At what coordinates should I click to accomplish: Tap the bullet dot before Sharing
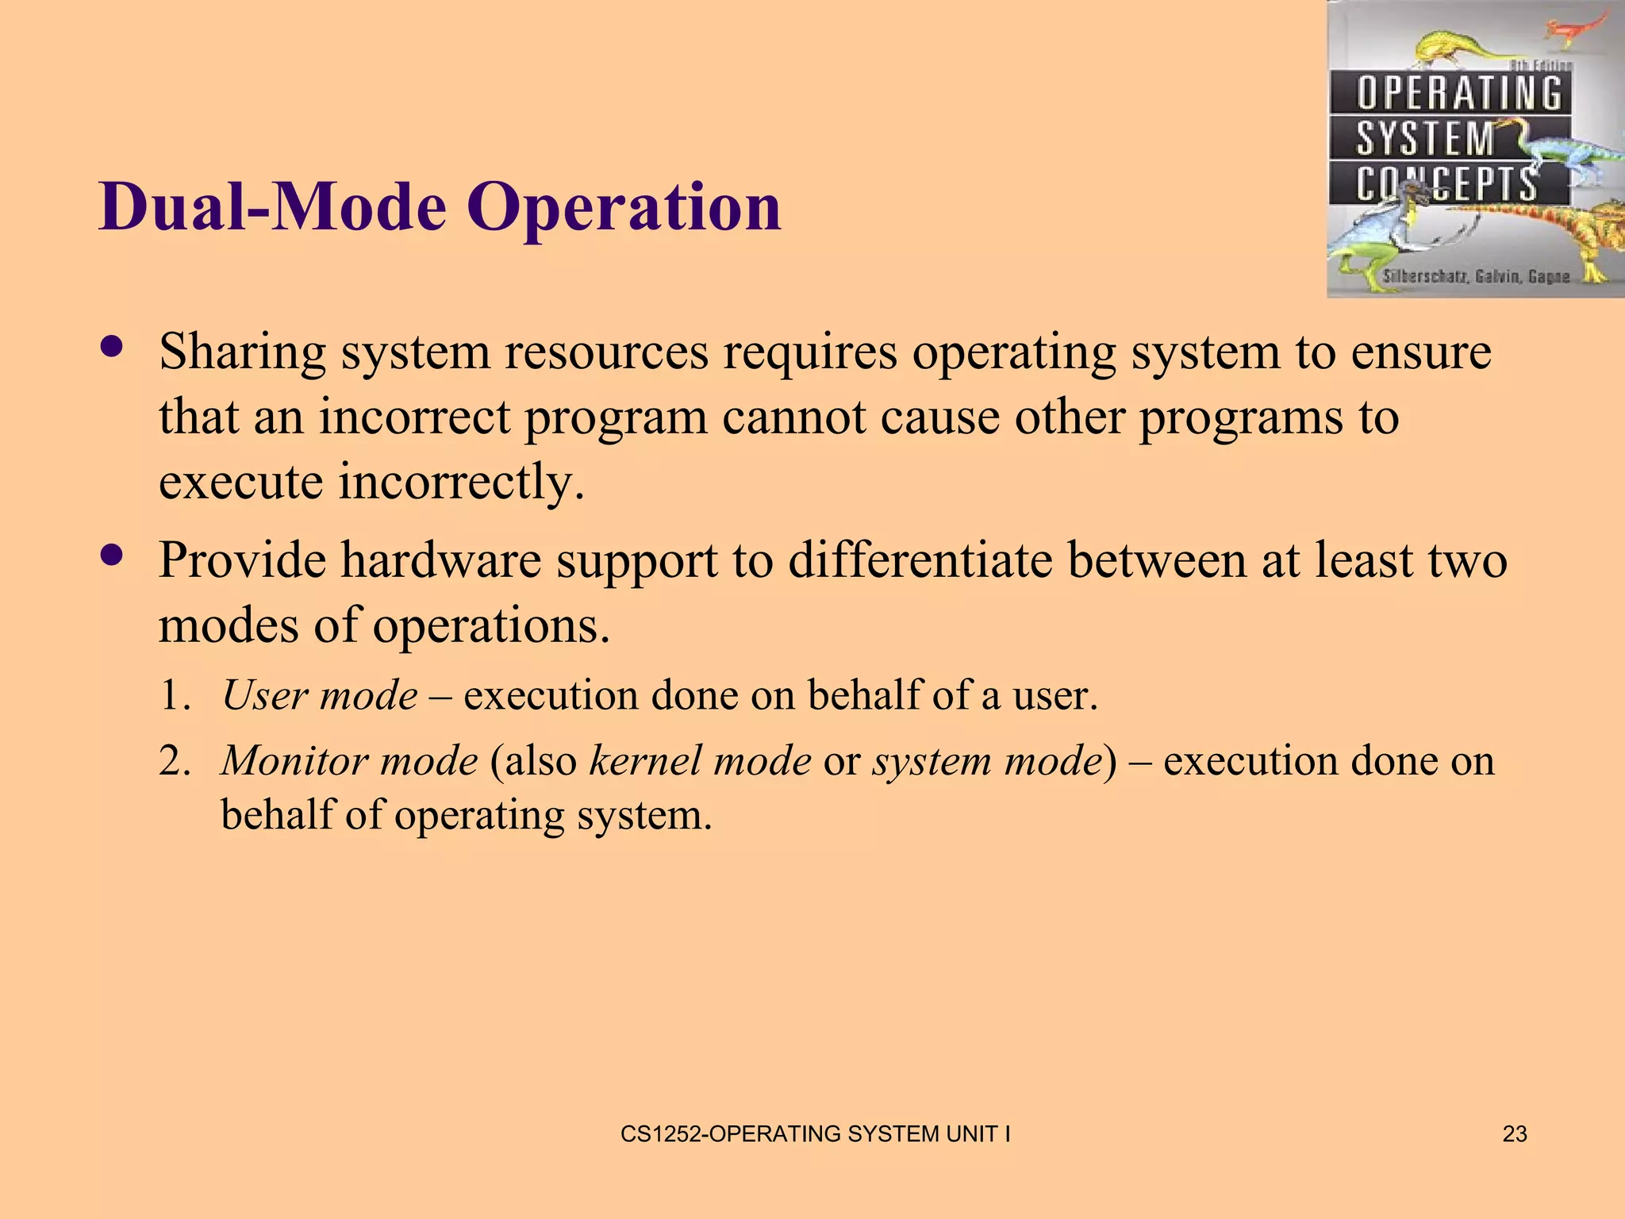(112, 347)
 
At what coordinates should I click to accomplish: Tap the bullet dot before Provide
(112, 556)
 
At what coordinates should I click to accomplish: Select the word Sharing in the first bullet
(242, 352)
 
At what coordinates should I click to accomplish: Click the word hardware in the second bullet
(441, 560)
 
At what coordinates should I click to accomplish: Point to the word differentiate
(920, 560)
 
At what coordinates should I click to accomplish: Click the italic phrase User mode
(320, 695)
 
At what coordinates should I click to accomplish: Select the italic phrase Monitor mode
(350, 760)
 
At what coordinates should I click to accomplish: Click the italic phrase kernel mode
(700, 760)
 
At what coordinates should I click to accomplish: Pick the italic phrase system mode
(988, 760)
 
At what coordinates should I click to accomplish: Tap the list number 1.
(174, 695)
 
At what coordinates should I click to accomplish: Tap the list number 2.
(174, 760)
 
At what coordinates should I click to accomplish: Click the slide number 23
(1514, 1134)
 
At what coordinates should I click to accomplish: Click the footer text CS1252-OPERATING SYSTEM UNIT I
(815, 1134)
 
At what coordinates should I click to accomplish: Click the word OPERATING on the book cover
(1458, 93)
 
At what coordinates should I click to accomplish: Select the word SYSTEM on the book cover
(1425, 139)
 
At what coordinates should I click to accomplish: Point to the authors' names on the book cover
(1476, 276)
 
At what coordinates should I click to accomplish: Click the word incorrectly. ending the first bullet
(461, 482)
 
